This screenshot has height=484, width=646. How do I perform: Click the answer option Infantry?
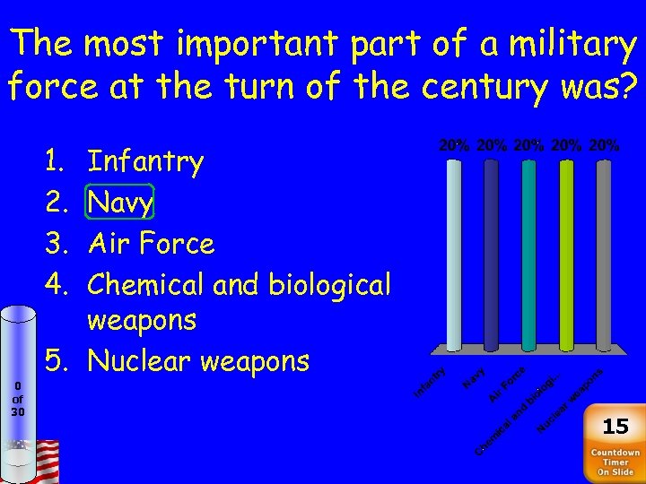pyautogui.click(x=145, y=162)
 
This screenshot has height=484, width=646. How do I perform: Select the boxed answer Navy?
pyautogui.click(x=121, y=203)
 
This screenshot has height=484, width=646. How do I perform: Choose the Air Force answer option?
pyautogui.click(x=151, y=244)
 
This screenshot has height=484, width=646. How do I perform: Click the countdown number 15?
pyautogui.click(x=615, y=426)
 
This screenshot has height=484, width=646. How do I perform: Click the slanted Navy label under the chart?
pyautogui.click(x=475, y=378)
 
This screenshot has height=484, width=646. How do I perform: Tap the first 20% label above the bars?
pyautogui.click(x=455, y=144)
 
